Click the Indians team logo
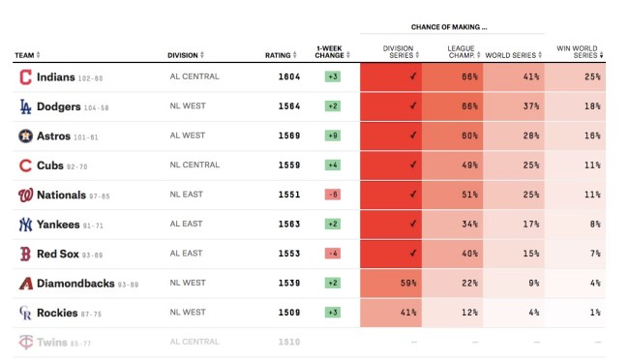[25, 77]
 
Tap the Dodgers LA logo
[25, 106]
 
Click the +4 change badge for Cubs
[332, 165]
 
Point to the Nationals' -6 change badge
[332, 195]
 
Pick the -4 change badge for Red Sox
[332, 254]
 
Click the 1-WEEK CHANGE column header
[330, 51]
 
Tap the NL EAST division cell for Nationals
[187, 195]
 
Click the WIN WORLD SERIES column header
[577, 51]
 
